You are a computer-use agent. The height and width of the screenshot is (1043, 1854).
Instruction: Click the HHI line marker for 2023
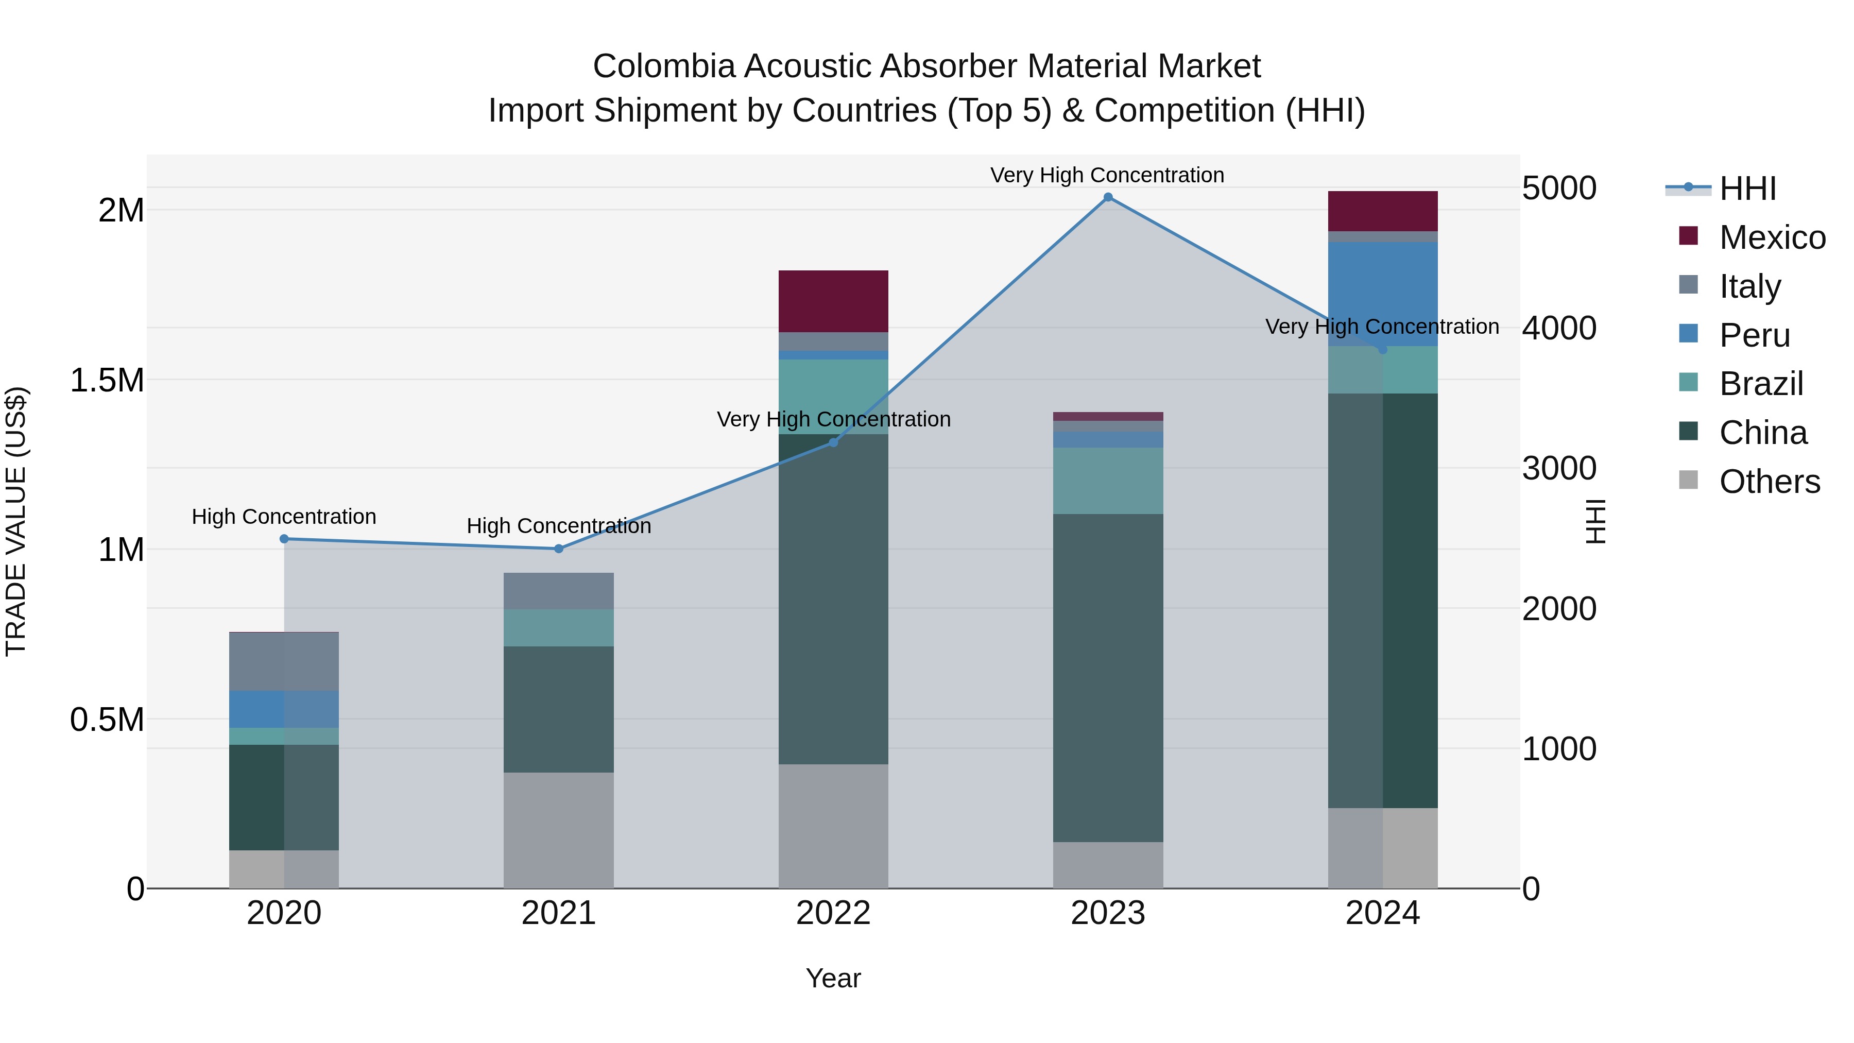[x=1108, y=197]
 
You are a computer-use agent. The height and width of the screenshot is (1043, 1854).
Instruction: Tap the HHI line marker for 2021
[x=558, y=549]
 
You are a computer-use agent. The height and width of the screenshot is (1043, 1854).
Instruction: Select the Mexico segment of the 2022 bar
[x=833, y=301]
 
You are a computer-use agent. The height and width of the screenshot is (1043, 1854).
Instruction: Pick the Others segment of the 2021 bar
[x=558, y=829]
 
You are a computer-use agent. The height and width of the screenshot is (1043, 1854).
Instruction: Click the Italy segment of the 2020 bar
[x=284, y=661]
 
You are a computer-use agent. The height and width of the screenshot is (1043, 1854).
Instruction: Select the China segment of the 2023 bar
[x=1108, y=677]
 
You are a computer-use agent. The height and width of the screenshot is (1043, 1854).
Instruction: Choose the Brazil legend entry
[x=1760, y=384]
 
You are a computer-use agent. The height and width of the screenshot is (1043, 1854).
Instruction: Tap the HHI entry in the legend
[x=1747, y=189]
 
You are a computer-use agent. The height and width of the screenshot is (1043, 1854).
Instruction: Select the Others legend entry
[x=1769, y=482]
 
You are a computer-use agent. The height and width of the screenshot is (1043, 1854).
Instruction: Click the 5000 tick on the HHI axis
[x=1559, y=189]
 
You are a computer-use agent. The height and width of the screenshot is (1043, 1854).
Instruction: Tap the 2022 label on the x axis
[x=833, y=913]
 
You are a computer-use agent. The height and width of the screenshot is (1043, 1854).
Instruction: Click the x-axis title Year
[x=833, y=978]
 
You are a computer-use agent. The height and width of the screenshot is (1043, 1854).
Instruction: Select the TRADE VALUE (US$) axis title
[x=16, y=521]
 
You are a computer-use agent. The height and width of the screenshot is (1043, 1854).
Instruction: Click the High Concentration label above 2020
[x=284, y=517]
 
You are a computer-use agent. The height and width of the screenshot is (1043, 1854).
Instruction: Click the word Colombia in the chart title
[x=664, y=66]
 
